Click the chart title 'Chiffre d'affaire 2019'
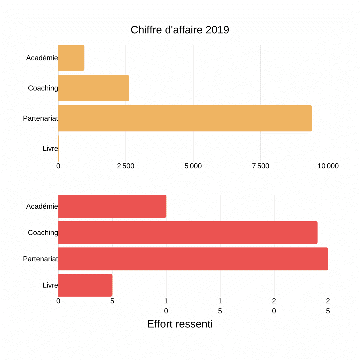(180, 30)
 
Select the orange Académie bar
(71, 58)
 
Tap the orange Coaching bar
(94, 88)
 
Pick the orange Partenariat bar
(185, 118)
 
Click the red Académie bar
(112, 206)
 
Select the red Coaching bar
(188, 232)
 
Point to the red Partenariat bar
(193, 259)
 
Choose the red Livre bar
(85, 285)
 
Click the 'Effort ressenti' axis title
(180, 324)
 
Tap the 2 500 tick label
(126, 166)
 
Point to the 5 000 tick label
(193, 166)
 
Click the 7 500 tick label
(261, 166)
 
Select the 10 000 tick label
(328, 166)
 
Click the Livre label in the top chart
(50, 149)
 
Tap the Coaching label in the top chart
(43, 88)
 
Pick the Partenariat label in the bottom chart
(40, 259)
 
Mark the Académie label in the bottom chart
(42, 207)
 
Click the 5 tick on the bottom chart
(112, 301)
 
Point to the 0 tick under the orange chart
(58, 166)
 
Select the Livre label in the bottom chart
(50, 285)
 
